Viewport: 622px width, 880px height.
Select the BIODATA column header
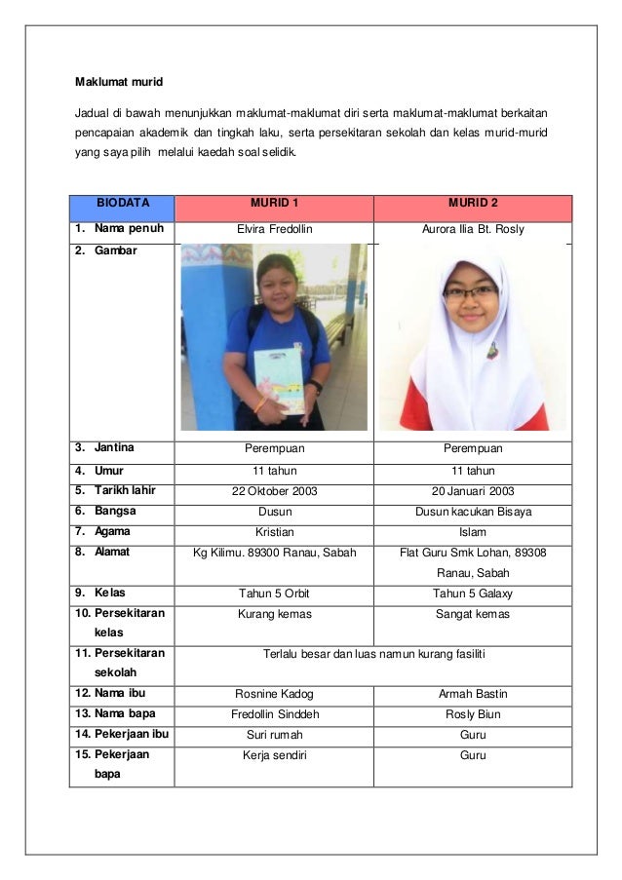click(x=122, y=204)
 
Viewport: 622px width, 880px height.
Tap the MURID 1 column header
click(x=274, y=204)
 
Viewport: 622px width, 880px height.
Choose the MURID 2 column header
click(x=473, y=204)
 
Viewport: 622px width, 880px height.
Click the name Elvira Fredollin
click(x=274, y=231)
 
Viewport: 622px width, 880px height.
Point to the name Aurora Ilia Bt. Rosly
click(x=473, y=231)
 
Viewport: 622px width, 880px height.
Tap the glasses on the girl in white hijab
click(x=469, y=291)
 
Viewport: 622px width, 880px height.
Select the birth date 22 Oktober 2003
click(x=274, y=491)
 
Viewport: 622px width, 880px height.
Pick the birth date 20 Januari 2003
click(x=473, y=491)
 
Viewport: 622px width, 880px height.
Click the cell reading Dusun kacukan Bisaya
click(x=473, y=512)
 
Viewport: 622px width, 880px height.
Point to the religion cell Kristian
click(x=274, y=532)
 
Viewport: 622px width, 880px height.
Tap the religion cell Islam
click(x=473, y=532)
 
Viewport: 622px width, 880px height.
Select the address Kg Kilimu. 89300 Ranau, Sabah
click(x=274, y=553)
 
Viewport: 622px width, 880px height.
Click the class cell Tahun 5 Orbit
click(x=274, y=593)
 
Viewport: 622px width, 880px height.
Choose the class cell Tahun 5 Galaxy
click(x=473, y=593)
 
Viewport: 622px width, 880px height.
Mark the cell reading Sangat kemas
click(x=473, y=614)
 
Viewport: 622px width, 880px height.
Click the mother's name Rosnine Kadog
click(x=274, y=695)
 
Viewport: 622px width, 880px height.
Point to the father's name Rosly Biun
click(x=473, y=714)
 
